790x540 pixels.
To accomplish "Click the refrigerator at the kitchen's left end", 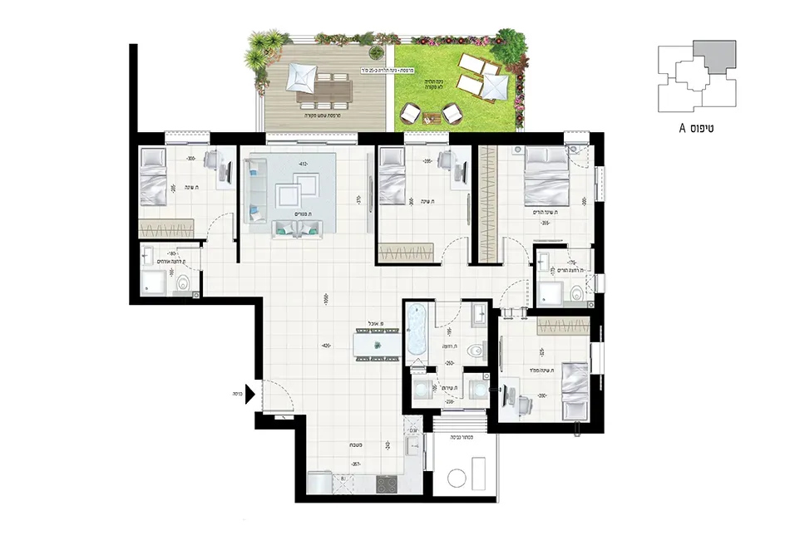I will click(320, 483).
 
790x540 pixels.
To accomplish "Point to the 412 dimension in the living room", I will click(304, 164).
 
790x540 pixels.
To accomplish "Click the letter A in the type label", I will click(682, 129).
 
